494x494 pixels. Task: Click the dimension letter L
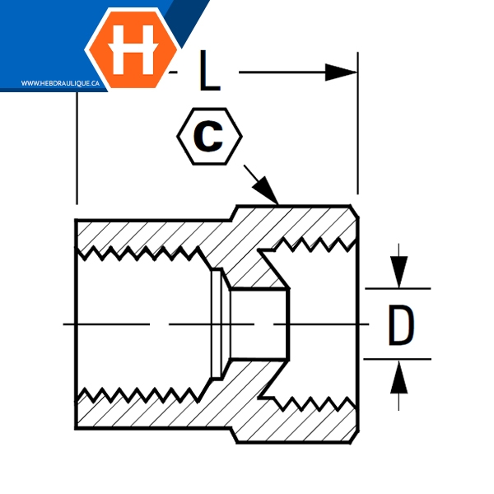coord(209,72)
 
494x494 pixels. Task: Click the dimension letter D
coord(400,325)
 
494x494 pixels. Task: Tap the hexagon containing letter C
coord(209,137)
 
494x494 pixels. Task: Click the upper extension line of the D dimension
coord(398,289)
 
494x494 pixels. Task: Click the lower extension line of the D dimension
coord(398,359)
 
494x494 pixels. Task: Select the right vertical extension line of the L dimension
coord(358,123)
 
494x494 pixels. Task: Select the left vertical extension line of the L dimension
coord(77,148)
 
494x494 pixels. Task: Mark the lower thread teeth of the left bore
coord(140,394)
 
